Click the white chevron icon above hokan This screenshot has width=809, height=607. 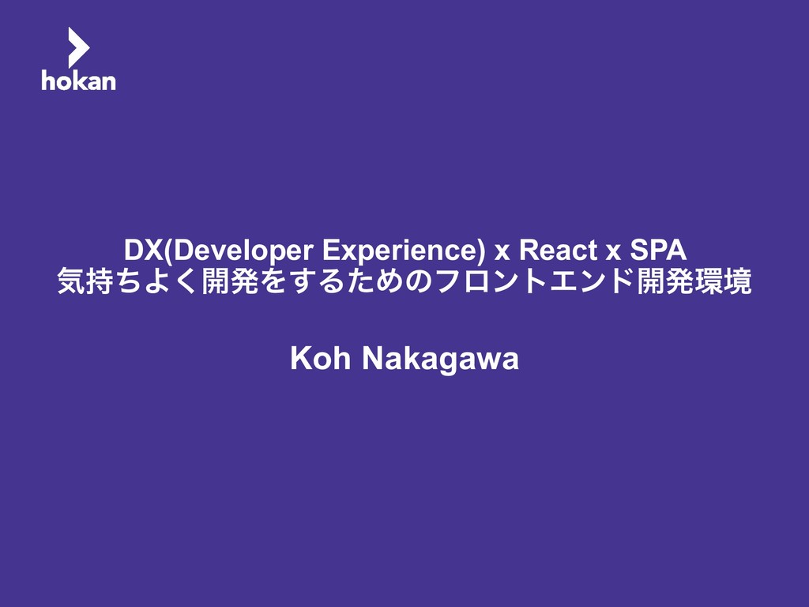77,47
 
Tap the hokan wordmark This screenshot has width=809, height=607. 78,80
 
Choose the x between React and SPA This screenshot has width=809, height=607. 613,253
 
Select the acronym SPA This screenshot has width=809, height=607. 658,251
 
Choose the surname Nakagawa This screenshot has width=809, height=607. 441,360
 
